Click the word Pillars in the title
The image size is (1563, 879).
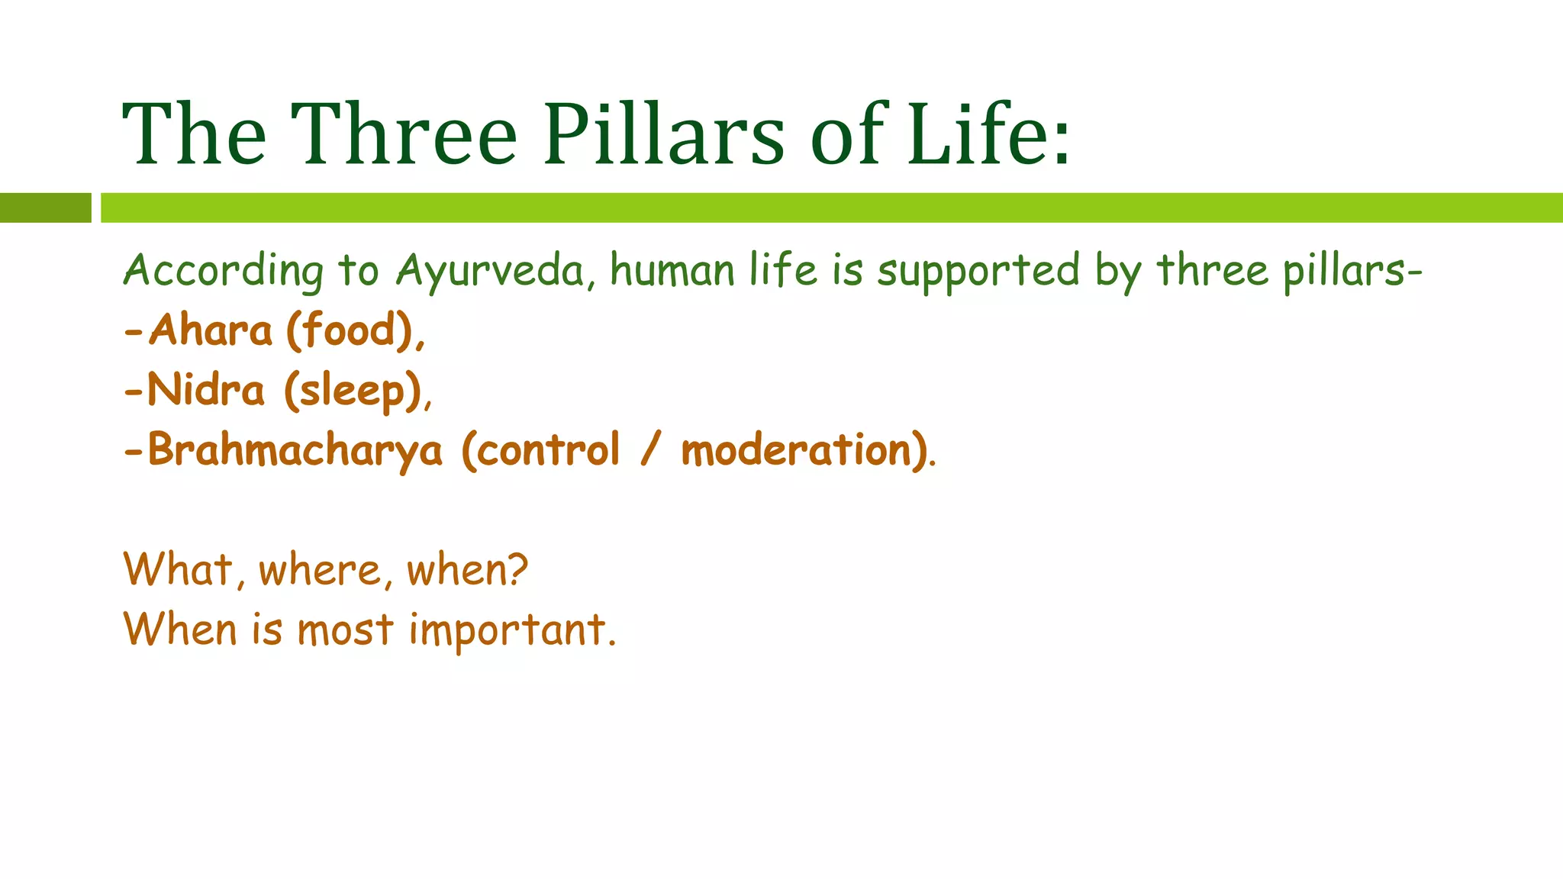pos(663,135)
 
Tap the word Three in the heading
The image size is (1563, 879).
pos(404,135)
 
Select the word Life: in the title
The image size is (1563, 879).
pos(989,135)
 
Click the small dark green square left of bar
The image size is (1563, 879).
pos(45,208)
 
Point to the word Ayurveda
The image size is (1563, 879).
pos(491,271)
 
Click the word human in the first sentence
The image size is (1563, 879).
pos(672,271)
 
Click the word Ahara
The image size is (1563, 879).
pos(211,330)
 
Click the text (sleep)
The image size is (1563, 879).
pos(353,390)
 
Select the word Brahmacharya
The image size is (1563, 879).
pos(295,450)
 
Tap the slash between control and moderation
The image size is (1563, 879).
pos(649,450)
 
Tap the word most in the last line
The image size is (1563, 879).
pos(345,631)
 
